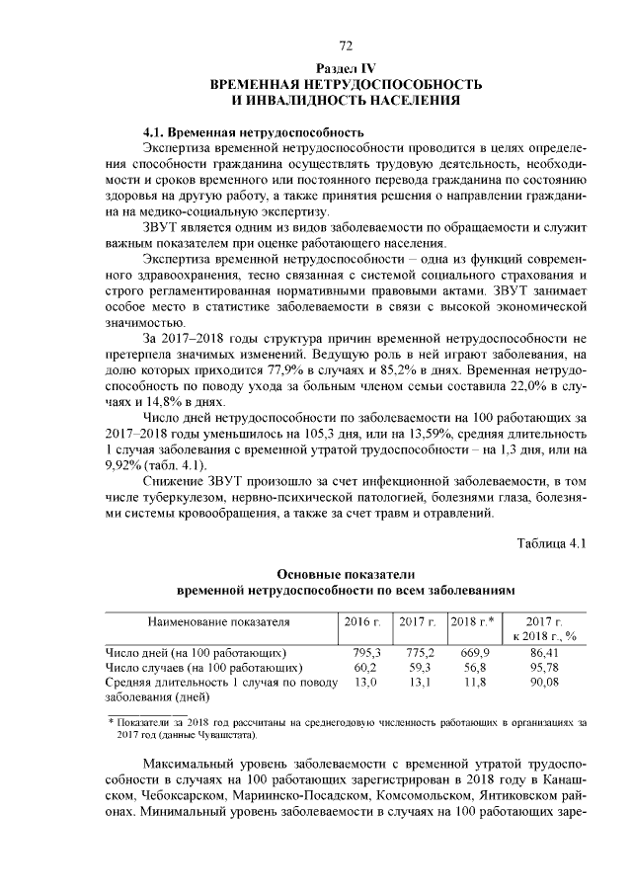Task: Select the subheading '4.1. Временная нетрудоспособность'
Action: point(254,131)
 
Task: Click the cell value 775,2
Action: point(421,653)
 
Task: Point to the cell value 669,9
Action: point(475,653)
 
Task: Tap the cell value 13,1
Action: point(421,682)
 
